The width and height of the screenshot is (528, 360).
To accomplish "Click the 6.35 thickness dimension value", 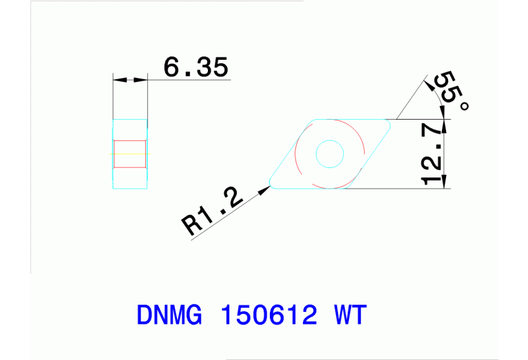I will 196,67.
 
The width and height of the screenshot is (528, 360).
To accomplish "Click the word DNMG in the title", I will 169,316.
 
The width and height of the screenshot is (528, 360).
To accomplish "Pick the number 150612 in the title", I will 269,316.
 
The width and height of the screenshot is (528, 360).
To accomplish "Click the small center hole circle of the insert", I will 329,153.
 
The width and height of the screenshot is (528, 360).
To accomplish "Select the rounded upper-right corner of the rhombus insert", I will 388,124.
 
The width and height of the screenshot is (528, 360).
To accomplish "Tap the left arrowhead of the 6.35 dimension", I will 118,81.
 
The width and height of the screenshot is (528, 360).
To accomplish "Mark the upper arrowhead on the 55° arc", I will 430,81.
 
